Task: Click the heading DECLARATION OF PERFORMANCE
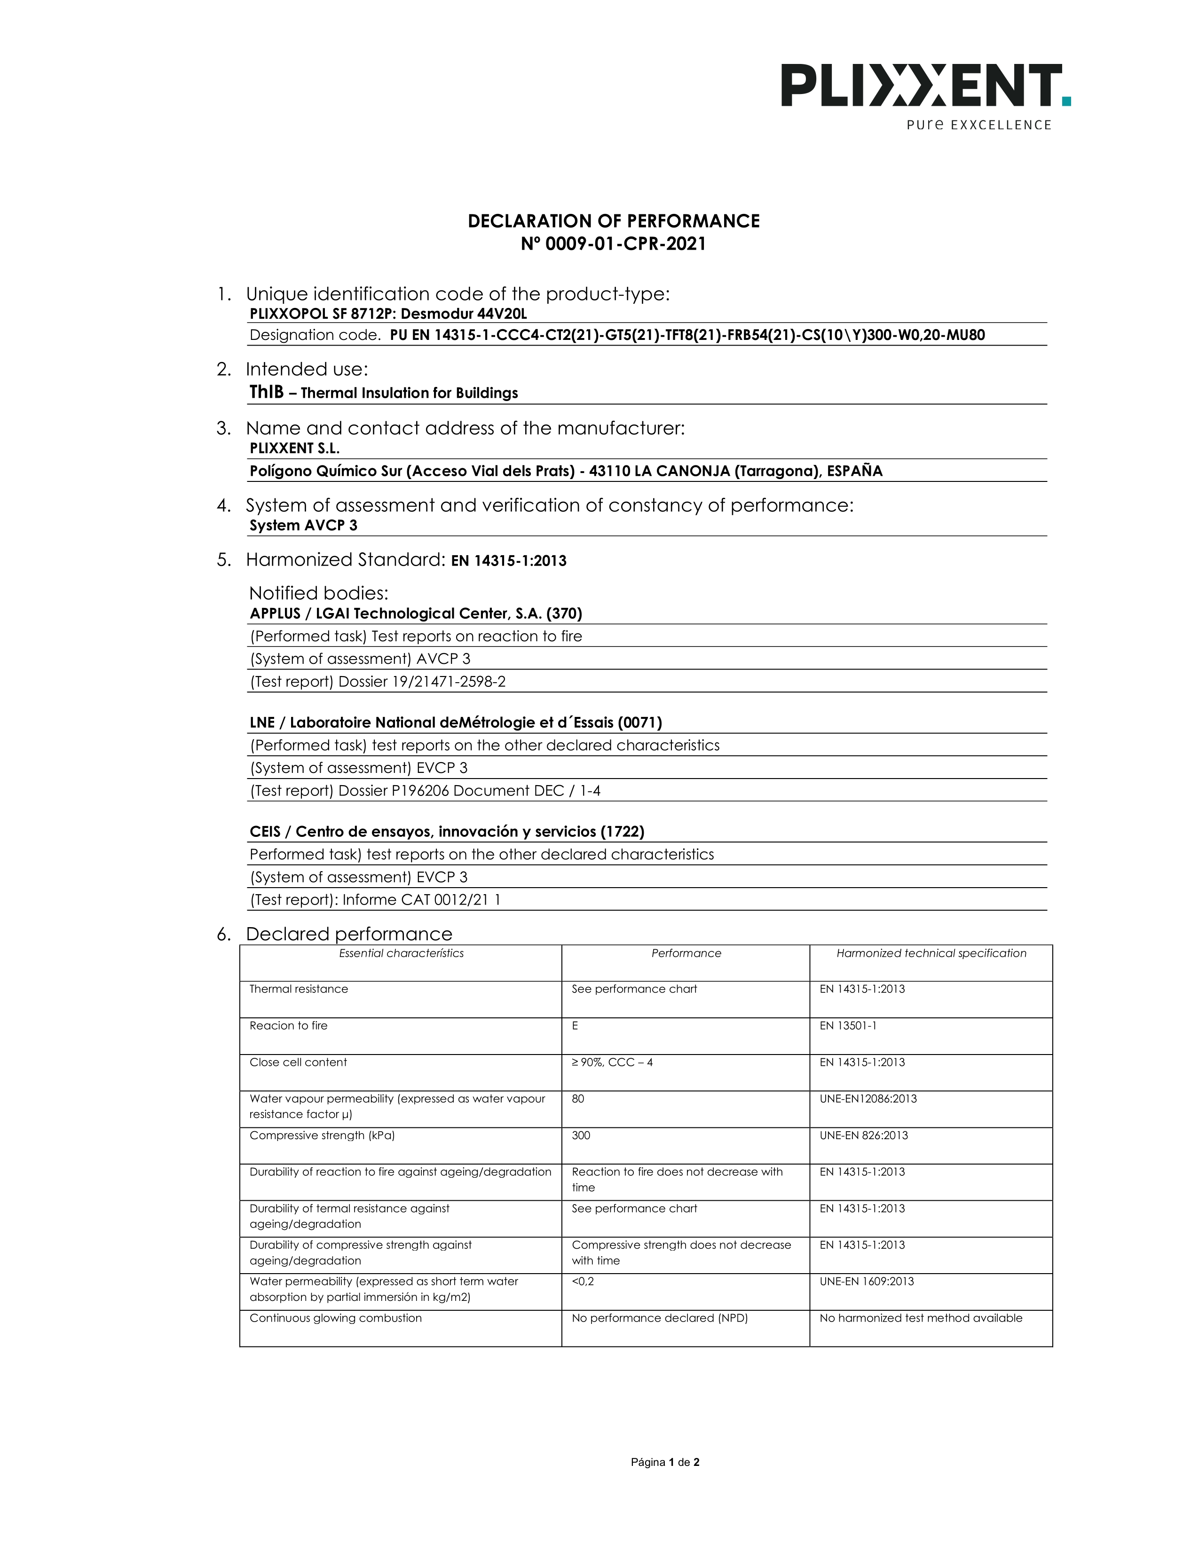pyautogui.click(x=613, y=221)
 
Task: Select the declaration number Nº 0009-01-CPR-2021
pyautogui.click(x=613, y=244)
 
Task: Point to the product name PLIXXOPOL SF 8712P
pyautogui.click(x=323, y=314)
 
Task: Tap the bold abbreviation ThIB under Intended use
pyautogui.click(x=266, y=392)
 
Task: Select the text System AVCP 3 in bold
pyautogui.click(x=303, y=526)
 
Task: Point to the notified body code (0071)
pyautogui.click(x=639, y=723)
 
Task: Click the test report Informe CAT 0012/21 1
pyautogui.click(x=421, y=900)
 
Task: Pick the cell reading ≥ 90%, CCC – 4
pyautogui.click(x=612, y=1063)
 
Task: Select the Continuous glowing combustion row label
pyautogui.click(x=335, y=1318)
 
